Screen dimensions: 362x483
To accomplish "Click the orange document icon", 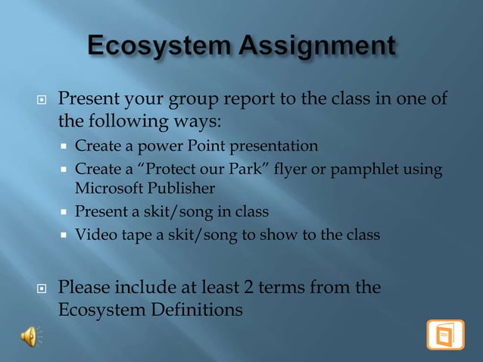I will (445, 335).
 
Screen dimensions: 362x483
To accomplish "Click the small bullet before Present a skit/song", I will (65, 212).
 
